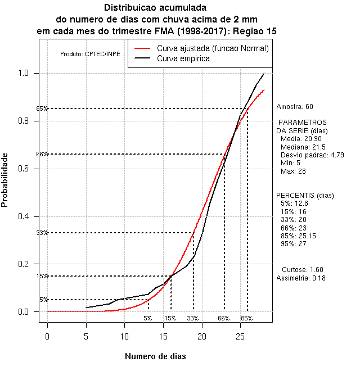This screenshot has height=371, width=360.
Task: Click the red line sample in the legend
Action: pyautogui.click(x=143, y=49)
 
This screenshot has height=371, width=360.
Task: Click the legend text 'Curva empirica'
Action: pyautogui.click(x=183, y=58)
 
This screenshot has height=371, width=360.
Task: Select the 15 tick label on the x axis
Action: pyautogui.click(x=163, y=337)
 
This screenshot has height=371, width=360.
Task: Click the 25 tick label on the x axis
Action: pyautogui.click(x=240, y=337)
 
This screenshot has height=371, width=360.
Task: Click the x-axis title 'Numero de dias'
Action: pyautogui.click(x=155, y=356)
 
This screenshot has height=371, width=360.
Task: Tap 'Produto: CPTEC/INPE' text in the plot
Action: pyautogui.click(x=90, y=54)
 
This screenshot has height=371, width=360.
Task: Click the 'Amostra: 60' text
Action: pyautogui.click(x=295, y=106)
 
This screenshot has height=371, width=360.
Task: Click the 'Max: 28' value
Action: pyautogui.click(x=292, y=171)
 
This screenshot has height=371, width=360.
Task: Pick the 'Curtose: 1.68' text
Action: pyautogui.click(x=302, y=269)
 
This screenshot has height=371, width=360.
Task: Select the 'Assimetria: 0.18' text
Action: pyautogui.click(x=301, y=278)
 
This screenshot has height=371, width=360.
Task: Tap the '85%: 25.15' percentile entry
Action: pyautogui.click(x=300, y=236)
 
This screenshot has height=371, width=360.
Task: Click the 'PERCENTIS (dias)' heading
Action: pyautogui.click(x=304, y=196)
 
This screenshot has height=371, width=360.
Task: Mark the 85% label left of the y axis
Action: pyautogui.click(x=42, y=108)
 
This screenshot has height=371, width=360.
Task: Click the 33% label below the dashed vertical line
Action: pyautogui.click(x=193, y=318)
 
